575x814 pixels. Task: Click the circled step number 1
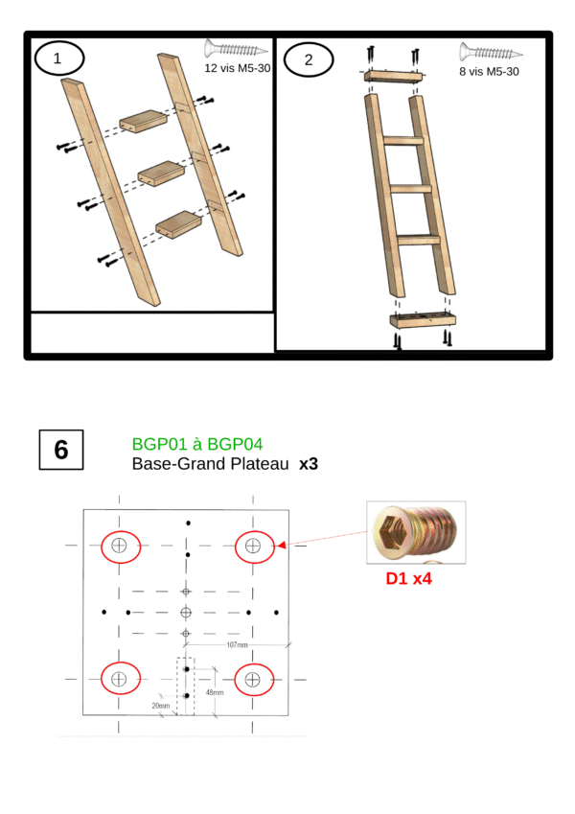(x=58, y=58)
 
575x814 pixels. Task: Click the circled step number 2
(x=309, y=59)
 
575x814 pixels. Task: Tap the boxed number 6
(x=61, y=450)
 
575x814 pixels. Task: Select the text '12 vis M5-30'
(x=237, y=68)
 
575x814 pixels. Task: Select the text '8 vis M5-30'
(x=489, y=72)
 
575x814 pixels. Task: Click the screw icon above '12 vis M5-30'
(x=236, y=49)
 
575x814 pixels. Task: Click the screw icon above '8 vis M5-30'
(x=491, y=53)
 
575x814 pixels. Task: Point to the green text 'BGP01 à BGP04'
(x=197, y=444)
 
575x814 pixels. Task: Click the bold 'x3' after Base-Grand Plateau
(x=309, y=464)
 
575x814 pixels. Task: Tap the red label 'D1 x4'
(x=408, y=578)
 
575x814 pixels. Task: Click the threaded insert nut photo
(x=416, y=533)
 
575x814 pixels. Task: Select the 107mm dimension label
(x=237, y=644)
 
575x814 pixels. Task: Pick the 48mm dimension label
(x=215, y=692)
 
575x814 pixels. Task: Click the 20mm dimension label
(x=161, y=706)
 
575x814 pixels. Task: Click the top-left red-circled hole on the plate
(x=121, y=547)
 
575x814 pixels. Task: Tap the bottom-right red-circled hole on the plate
(x=254, y=680)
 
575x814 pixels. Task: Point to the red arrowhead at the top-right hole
(x=282, y=546)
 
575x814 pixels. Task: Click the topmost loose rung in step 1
(x=143, y=122)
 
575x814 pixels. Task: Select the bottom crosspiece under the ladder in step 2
(x=423, y=320)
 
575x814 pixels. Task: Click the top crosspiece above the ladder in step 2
(x=394, y=77)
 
